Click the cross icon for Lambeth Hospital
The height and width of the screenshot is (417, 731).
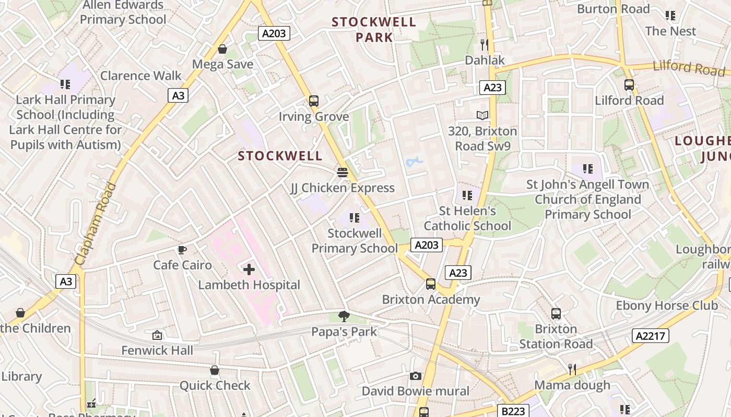click(x=249, y=269)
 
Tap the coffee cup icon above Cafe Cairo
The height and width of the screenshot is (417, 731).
click(x=182, y=250)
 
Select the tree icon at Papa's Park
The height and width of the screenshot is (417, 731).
click(x=344, y=316)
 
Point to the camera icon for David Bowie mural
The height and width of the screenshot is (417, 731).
click(x=416, y=376)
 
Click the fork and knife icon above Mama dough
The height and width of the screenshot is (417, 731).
click(x=572, y=370)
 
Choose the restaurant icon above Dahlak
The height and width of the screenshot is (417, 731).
click(x=485, y=45)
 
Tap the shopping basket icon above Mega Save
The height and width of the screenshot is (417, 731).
click(x=222, y=49)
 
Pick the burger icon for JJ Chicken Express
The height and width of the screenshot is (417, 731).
click(x=343, y=172)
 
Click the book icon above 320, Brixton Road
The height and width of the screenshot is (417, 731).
click(x=482, y=116)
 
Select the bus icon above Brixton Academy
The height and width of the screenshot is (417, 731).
click(x=431, y=284)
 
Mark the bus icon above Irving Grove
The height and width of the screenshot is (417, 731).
click(x=313, y=101)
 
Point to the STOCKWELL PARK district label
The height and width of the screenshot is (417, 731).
click(x=374, y=29)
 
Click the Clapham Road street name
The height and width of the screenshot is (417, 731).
click(x=96, y=223)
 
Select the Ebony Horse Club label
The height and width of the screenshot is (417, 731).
click(x=667, y=305)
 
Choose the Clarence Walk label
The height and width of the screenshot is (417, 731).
click(x=141, y=76)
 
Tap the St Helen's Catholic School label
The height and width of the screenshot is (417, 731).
click(x=467, y=218)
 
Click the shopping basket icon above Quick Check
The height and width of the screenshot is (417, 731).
click(x=214, y=370)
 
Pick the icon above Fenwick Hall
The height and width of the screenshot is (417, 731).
click(x=157, y=335)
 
